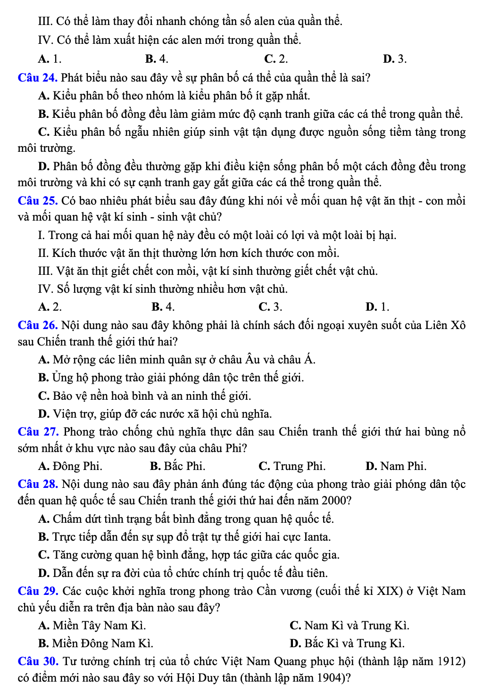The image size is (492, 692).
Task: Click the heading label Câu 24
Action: [x=38, y=78]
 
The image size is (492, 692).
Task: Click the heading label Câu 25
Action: [x=38, y=201]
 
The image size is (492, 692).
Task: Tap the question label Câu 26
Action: [x=38, y=325]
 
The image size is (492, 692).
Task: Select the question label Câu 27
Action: [x=38, y=432]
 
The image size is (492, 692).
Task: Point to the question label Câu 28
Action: [x=38, y=484]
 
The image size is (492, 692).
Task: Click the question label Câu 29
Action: [x=38, y=591]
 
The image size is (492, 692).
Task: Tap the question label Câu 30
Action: [x=38, y=661]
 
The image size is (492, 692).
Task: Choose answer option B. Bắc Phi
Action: [x=177, y=466]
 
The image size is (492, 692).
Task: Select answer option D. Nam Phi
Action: [x=396, y=466]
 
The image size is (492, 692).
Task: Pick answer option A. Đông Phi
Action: [x=70, y=466]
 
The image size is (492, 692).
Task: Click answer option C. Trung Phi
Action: [x=292, y=466]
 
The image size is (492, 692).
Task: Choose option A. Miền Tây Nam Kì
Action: [x=92, y=626]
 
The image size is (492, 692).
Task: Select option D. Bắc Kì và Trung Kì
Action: [x=347, y=643]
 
